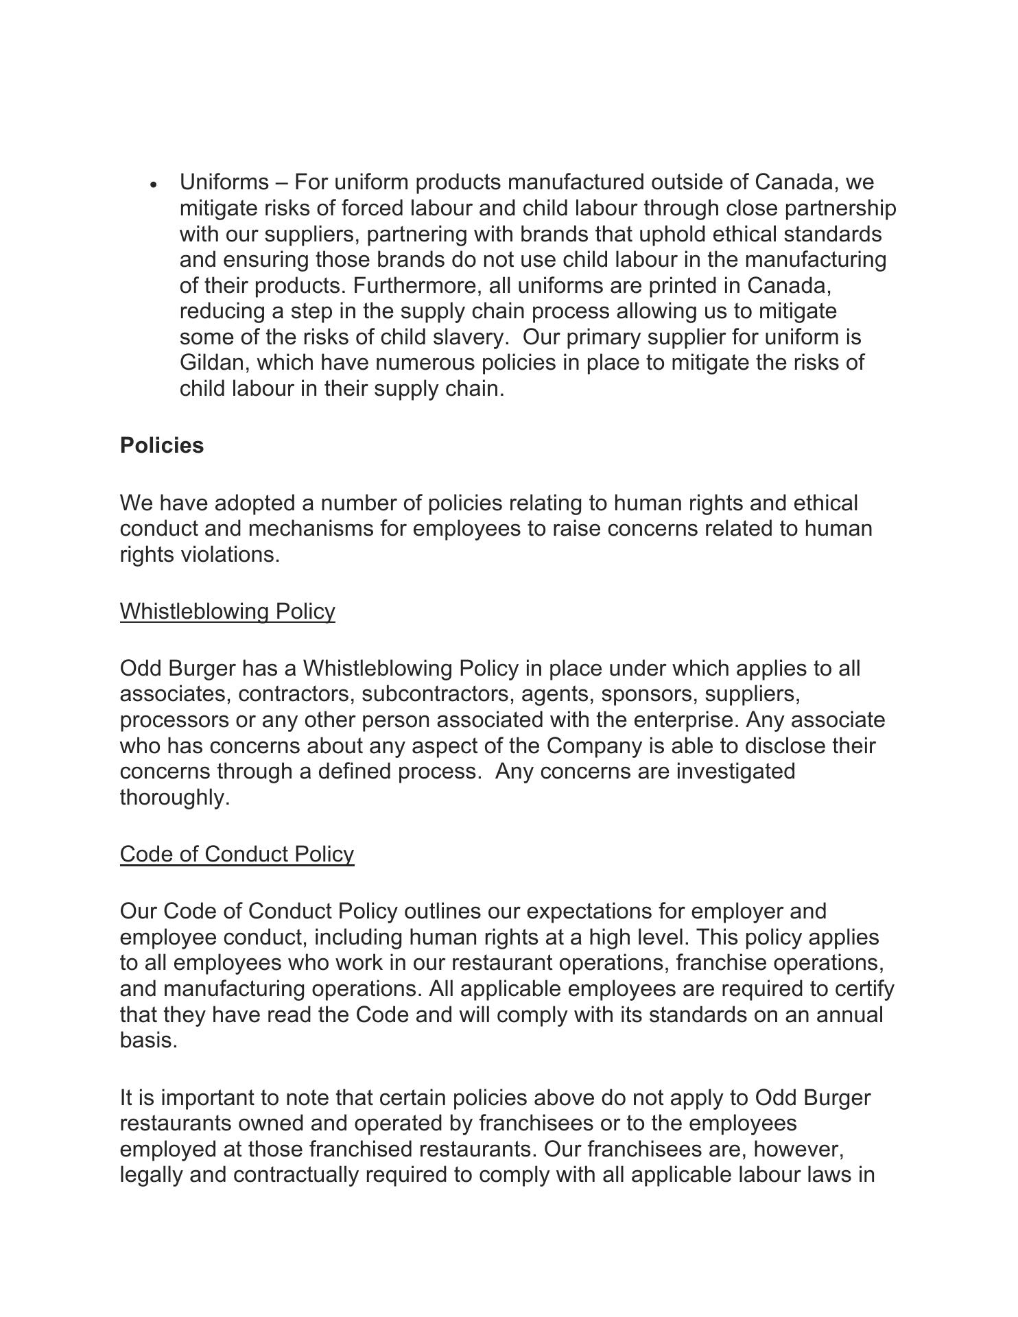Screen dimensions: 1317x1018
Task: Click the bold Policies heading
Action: click(x=162, y=445)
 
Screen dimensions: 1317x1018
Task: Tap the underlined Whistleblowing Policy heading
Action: click(x=228, y=611)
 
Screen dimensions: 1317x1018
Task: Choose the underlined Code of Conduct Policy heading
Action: click(x=237, y=854)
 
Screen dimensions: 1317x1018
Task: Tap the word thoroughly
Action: click(x=174, y=797)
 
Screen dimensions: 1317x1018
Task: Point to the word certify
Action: click(x=862, y=988)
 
